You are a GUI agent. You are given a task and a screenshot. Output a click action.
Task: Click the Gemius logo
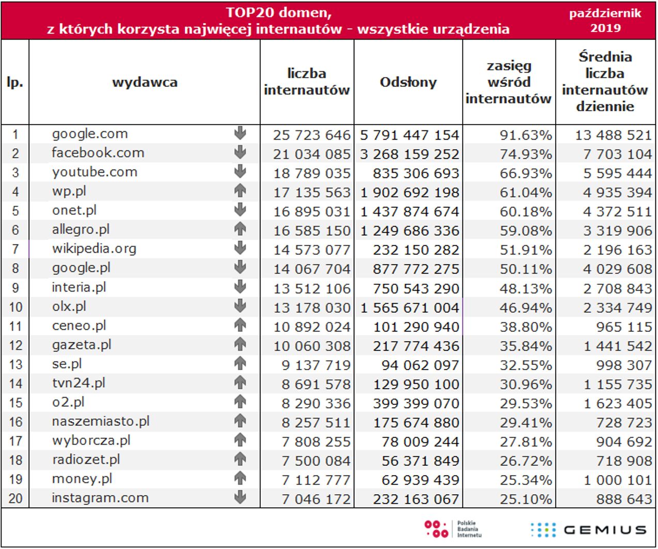[588, 530]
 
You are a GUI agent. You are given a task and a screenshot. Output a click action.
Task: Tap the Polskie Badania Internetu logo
[453, 529]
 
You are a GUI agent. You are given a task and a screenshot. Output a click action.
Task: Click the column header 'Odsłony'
[408, 82]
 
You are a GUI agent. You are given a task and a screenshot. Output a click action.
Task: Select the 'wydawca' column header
[145, 82]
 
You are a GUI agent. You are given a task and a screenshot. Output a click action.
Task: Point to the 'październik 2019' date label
[605, 20]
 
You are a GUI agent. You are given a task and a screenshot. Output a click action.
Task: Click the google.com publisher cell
[90, 134]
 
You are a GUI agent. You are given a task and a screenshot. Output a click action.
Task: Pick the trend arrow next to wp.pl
[240, 191]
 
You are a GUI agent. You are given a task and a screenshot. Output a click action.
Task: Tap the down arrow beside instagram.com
[240, 498]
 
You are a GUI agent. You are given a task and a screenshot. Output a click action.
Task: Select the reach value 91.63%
[525, 135]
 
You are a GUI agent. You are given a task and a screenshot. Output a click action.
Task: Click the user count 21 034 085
[311, 154]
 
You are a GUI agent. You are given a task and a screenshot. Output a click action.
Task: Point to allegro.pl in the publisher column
[81, 230]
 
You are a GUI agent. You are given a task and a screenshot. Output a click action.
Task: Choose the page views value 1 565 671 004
[410, 308]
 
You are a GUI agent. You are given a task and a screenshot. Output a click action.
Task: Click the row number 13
[15, 364]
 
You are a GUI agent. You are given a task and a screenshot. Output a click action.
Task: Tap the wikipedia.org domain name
[94, 249]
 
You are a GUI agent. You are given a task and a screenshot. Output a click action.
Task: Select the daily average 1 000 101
[617, 480]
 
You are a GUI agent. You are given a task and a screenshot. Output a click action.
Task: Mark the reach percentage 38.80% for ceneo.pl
[525, 327]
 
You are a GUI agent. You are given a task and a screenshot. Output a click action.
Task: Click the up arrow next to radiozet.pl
[240, 459]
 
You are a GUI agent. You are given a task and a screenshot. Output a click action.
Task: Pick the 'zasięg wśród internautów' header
[509, 82]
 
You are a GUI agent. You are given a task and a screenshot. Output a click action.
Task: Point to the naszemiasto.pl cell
[101, 421]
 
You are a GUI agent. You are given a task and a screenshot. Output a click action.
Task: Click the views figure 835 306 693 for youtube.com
[416, 174]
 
